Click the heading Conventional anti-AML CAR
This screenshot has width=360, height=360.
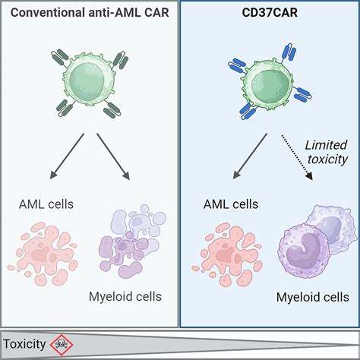(89, 14)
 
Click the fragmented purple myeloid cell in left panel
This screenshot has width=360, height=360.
(129, 239)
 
